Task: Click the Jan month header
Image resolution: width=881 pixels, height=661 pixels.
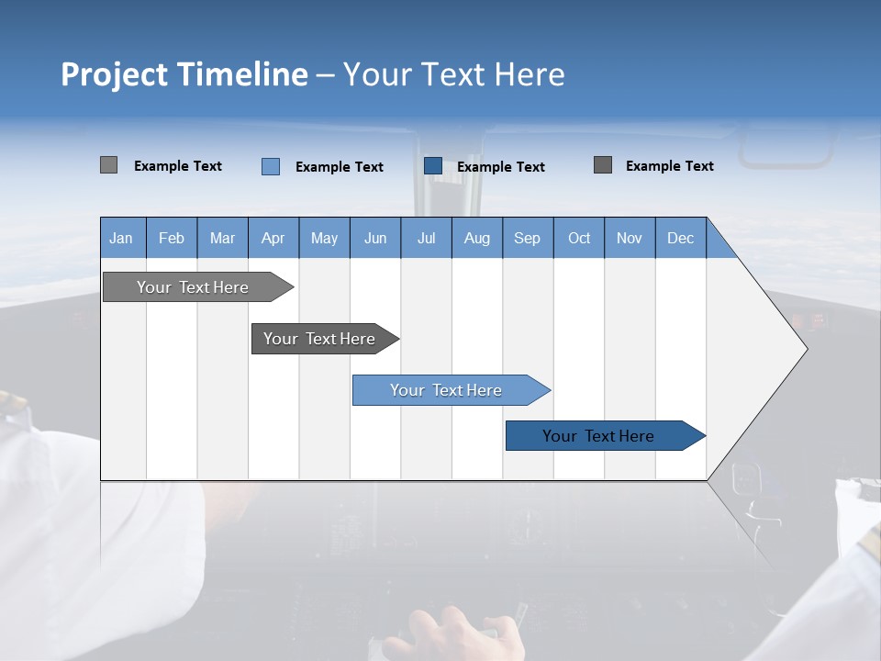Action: pyautogui.click(x=121, y=238)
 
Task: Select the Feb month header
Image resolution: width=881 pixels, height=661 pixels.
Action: pyautogui.click(x=172, y=238)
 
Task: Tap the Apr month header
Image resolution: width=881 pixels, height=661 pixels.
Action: pyautogui.click(x=273, y=238)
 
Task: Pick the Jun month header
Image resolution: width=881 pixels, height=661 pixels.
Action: pyautogui.click(x=374, y=238)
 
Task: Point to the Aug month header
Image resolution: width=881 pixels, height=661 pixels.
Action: pyautogui.click(x=476, y=238)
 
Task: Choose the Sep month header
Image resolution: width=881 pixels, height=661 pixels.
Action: pyautogui.click(x=527, y=238)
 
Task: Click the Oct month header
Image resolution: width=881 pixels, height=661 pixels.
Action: pyautogui.click(x=579, y=238)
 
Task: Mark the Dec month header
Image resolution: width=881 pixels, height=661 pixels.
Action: pyautogui.click(x=680, y=238)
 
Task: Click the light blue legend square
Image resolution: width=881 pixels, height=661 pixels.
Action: pyautogui.click(x=271, y=166)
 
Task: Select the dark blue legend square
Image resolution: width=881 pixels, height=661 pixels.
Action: pyautogui.click(x=433, y=165)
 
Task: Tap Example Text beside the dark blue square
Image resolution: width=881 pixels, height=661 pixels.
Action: pyautogui.click(x=500, y=166)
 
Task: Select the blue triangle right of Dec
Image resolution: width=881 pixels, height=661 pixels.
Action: pyautogui.click(x=719, y=244)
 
